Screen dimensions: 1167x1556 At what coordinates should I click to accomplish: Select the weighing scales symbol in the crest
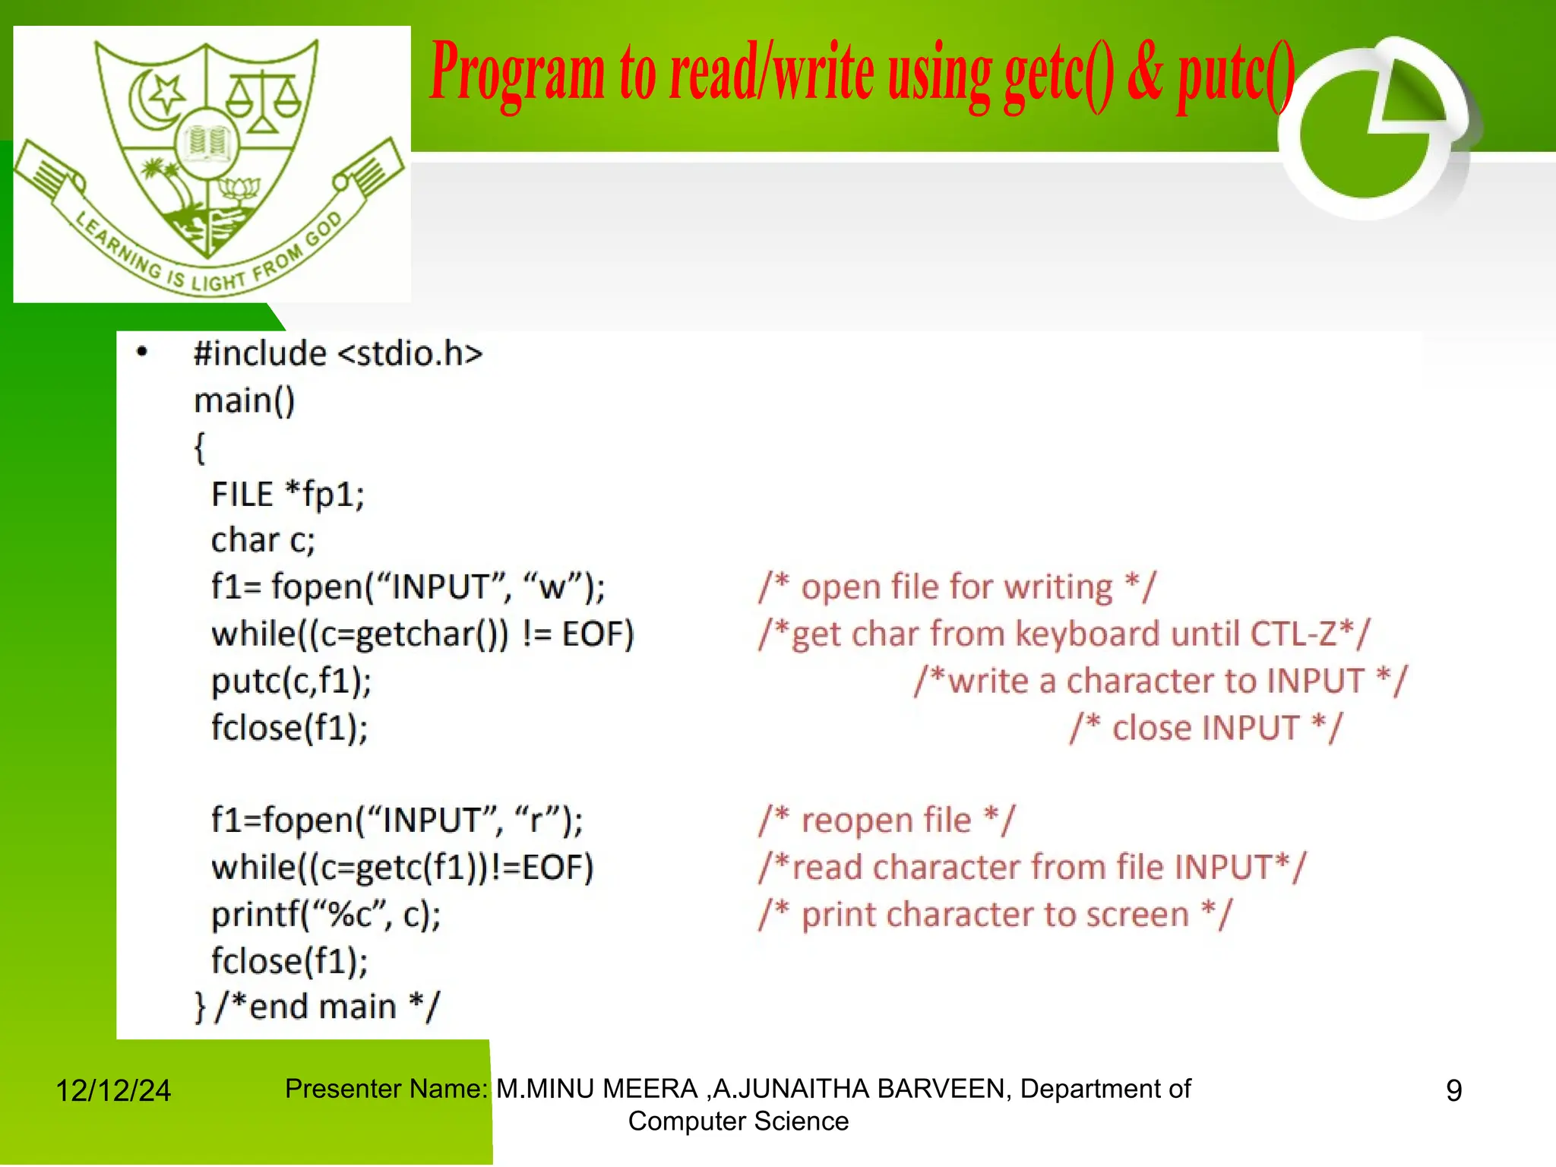pyautogui.click(x=263, y=103)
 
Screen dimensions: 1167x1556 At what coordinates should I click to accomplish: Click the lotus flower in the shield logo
pyautogui.click(x=239, y=189)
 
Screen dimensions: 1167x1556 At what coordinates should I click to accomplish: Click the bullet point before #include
pyautogui.click(x=142, y=353)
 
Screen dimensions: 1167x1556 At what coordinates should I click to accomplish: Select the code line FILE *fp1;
pyautogui.click(x=287, y=495)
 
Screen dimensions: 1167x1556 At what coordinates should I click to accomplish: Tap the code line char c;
pyautogui.click(x=262, y=541)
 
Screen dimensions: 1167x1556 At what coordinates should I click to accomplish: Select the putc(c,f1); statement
pyautogui.click(x=291, y=681)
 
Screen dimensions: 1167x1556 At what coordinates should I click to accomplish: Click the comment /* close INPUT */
pyautogui.click(x=1206, y=728)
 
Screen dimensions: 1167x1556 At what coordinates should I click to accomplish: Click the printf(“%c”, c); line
pyautogui.click(x=326, y=915)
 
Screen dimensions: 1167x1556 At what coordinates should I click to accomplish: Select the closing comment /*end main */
pyautogui.click(x=327, y=1007)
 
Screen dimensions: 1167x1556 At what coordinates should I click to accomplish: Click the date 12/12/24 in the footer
pyautogui.click(x=113, y=1091)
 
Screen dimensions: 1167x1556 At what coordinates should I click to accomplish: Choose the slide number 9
pyautogui.click(x=1453, y=1091)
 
